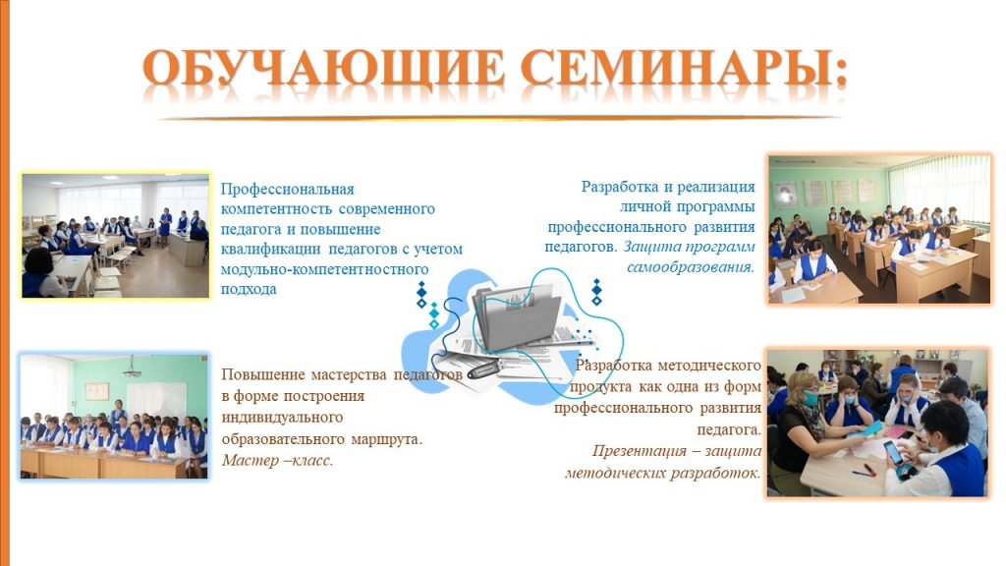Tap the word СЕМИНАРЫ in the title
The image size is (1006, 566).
click(x=684, y=68)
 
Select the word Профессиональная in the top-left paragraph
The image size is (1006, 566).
click(x=288, y=190)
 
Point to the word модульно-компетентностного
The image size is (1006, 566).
click(x=324, y=269)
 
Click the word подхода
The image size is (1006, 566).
click(x=249, y=289)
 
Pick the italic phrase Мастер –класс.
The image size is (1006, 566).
click(x=277, y=460)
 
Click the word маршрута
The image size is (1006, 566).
click(x=387, y=439)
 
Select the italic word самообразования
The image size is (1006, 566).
click(x=691, y=266)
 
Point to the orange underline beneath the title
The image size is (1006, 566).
click(x=499, y=118)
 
